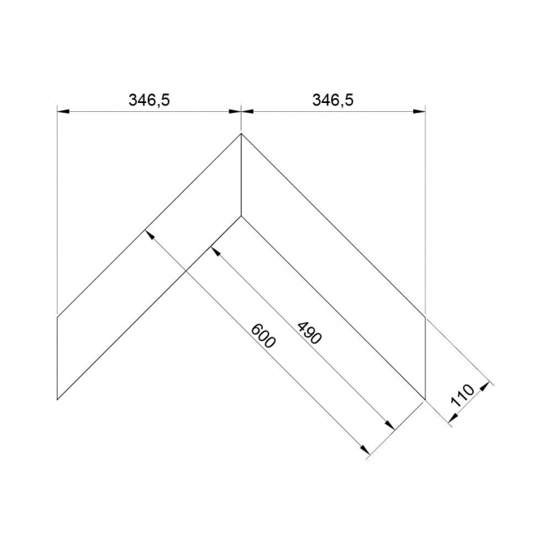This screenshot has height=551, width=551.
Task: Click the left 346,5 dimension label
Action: pyautogui.click(x=149, y=100)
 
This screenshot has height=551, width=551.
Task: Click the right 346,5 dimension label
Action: pyautogui.click(x=333, y=100)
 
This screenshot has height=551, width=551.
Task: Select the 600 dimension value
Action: pyautogui.click(x=263, y=336)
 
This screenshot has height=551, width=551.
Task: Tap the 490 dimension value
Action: pyautogui.click(x=309, y=333)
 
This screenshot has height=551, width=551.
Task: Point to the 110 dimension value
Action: pyautogui.click(x=463, y=395)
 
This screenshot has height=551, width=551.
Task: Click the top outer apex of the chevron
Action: pyautogui.click(x=241, y=134)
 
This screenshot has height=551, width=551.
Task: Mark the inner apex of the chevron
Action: pyautogui.click(x=241, y=215)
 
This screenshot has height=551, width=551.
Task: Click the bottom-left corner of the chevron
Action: pyautogui.click(x=57, y=399)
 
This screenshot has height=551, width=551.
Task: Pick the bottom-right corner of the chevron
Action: pyautogui.click(x=425, y=399)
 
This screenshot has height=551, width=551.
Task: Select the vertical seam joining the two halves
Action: pyautogui.click(x=241, y=174)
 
